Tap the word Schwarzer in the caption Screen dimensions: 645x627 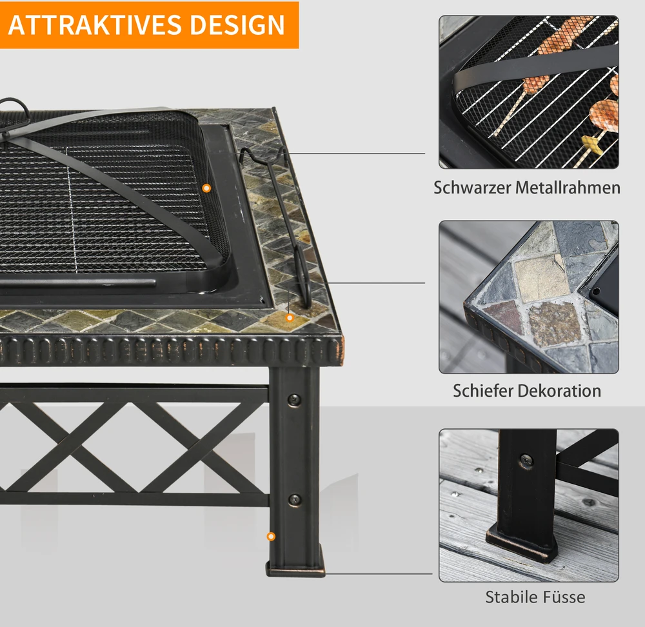pos(472,188)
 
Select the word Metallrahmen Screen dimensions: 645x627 pos(568,188)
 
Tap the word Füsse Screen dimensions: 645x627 pos(561,597)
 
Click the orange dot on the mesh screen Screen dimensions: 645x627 pos(207,188)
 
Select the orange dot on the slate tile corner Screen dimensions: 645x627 pos(290,317)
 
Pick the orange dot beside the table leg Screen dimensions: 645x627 pos(271,537)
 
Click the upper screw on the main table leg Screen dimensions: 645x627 pos(293,399)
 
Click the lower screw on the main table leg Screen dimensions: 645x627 pos(293,499)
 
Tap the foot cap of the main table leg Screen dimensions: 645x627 pos(295,570)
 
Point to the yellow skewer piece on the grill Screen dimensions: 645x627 pos(592,145)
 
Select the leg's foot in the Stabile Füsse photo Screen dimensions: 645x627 pos(522,543)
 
